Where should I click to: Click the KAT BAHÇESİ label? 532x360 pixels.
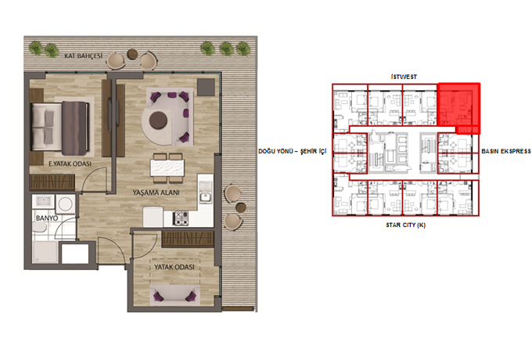click(x=83, y=56)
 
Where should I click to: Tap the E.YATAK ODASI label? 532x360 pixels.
click(x=70, y=164)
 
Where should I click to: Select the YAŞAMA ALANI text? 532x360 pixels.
click(x=156, y=193)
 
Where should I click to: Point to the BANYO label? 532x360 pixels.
click(x=47, y=218)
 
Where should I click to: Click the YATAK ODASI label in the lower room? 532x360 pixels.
click(x=174, y=267)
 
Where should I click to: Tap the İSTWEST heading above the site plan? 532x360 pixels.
click(x=404, y=77)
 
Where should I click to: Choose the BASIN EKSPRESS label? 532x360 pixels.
click(x=506, y=151)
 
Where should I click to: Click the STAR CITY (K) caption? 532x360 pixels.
click(x=406, y=225)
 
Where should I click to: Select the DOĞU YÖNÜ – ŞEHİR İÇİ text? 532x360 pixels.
click(x=292, y=151)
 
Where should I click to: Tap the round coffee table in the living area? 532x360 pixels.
click(x=158, y=120)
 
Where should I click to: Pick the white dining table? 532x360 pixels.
click(x=167, y=167)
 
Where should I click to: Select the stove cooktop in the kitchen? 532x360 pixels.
click(x=181, y=218)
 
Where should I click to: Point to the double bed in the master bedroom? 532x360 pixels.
click(x=59, y=126)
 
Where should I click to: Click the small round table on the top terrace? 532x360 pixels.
click(x=132, y=54)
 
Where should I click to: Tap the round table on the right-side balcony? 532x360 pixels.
click(x=241, y=207)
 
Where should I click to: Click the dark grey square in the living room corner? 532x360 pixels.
click(x=206, y=87)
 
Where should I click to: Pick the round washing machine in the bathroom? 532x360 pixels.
click(x=65, y=204)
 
